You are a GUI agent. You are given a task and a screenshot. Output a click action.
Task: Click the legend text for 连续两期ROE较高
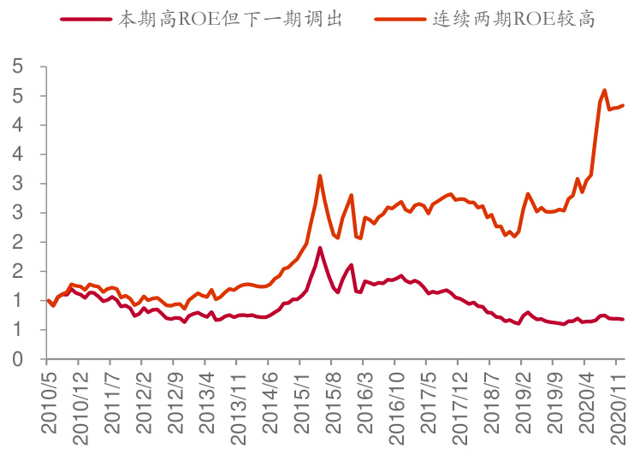[x=513, y=19]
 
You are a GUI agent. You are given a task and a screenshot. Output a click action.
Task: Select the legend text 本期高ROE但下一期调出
[x=230, y=19]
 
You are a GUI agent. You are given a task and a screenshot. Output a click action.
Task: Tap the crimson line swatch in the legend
[x=87, y=19]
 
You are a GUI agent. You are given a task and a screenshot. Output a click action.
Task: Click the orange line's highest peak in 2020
[x=605, y=90]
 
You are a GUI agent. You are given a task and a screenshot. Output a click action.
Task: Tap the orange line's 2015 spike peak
[x=320, y=176]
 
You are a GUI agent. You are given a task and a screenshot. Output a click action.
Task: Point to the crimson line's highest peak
[x=320, y=248]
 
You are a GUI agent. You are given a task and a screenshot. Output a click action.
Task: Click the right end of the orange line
[x=623, y=105]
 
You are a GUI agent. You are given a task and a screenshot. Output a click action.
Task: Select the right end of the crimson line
[x=623, y=319]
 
